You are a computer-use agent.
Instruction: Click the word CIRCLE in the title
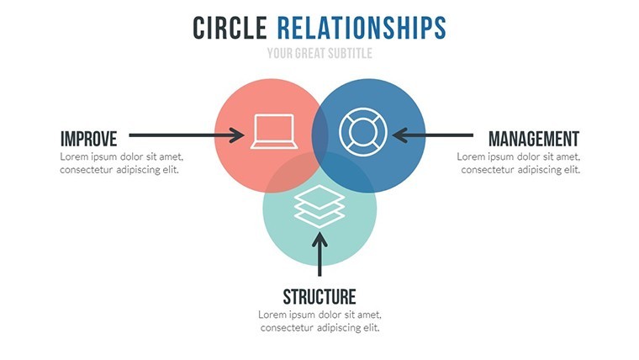click(x=230, y=28)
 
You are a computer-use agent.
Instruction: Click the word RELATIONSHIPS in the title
click(x=362, y=28)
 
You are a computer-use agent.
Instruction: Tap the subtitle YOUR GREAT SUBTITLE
click(x=319, y=53)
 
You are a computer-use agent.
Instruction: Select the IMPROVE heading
click(x=89, y=139)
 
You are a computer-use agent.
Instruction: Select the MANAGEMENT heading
click(x=534, y=139)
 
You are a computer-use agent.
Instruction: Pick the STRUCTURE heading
click(x=319, y=297)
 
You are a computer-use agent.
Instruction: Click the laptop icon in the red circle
click(x=274, y=131)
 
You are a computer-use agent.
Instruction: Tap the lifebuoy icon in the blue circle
click(x=363, y=132)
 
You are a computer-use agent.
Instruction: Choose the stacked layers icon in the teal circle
click(x=319, y=206)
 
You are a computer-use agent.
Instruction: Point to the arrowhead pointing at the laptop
click(x=237, y=135)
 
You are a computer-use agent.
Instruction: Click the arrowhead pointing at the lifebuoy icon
click(x=399, y=135)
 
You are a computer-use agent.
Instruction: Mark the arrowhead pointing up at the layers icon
click(x=319, y=240)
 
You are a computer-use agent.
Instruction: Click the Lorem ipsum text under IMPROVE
click(x=121, y=163)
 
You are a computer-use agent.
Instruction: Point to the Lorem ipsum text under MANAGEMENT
click(x=519, y=163)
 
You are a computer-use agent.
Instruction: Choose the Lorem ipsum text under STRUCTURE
click(x=319, y=321)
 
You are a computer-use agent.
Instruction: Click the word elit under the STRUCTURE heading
click(x=372, y=327)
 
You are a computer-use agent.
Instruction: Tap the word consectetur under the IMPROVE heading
click(x=86, y=170)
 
